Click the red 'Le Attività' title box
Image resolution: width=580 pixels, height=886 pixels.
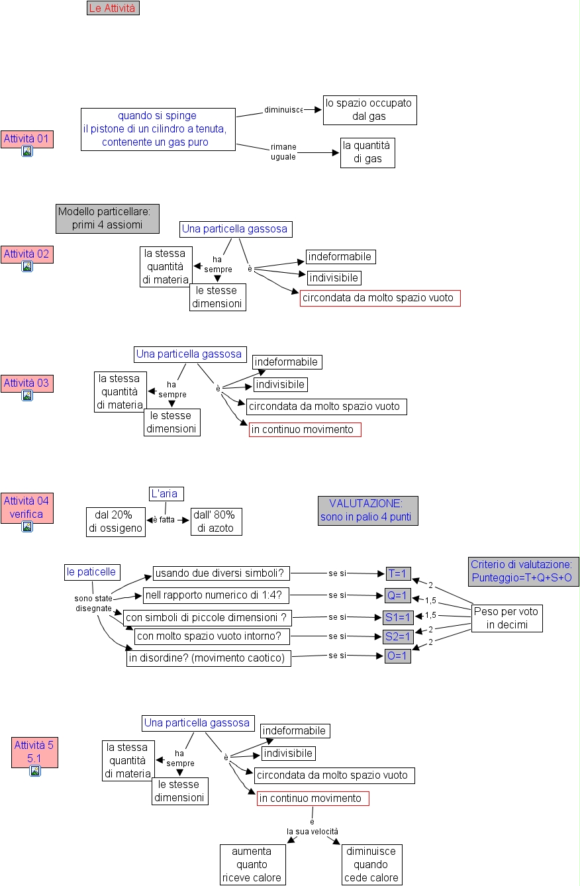[113, 8]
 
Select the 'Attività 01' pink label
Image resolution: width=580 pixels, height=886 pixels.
[27, 139]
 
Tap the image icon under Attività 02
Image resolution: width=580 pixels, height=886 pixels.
[27, 266]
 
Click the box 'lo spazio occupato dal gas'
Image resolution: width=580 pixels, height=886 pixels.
[369, 110]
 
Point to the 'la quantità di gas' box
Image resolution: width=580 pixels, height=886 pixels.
[367, 152]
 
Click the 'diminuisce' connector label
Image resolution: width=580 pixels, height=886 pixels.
[283, 110]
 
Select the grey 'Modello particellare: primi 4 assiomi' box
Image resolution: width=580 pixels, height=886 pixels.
[107, 219]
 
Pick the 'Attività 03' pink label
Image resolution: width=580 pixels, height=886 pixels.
[27, 383]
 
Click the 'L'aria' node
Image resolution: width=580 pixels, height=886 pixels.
[166, 494]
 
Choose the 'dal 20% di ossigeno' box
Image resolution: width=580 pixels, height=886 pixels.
[115, 521]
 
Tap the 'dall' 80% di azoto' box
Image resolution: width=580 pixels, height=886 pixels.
[216, 521]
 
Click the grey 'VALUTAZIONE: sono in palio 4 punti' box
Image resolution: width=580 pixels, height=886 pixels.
[367, 511]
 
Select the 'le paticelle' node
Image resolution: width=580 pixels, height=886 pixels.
[92, 572]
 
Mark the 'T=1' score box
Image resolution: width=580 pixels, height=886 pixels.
[399, 573]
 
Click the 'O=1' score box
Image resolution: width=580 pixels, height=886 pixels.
[398, 656]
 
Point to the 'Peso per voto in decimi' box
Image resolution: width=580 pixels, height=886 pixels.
[507, 618]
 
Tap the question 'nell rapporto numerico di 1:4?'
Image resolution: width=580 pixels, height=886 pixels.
[217, 595]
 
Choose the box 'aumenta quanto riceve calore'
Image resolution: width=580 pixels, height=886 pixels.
[252, 864]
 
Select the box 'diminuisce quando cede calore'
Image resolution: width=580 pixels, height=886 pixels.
[371, 864]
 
